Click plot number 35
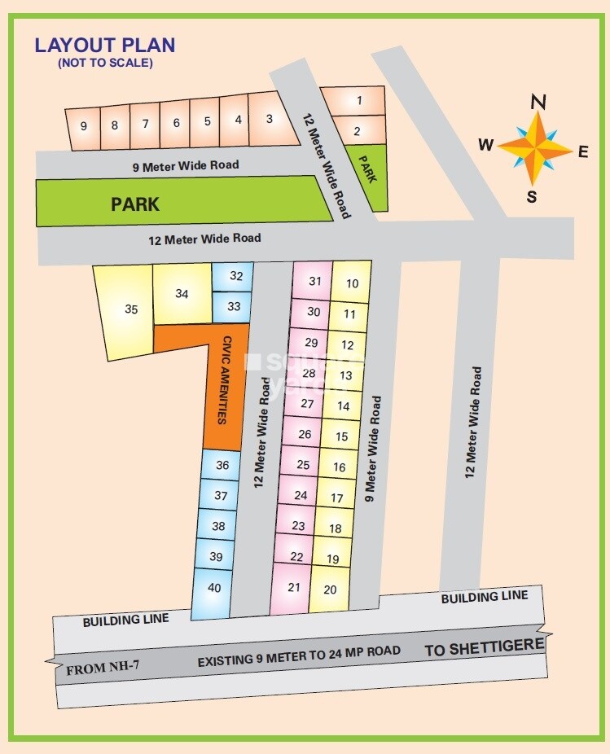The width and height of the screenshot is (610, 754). click(131, 309)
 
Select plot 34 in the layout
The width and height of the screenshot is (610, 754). click(182, 294)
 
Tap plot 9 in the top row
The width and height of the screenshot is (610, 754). click(83, 125)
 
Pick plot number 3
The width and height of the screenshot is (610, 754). click(270, 119)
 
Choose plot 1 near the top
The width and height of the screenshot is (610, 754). click(358, 101)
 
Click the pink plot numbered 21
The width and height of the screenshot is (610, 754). click(294, 587)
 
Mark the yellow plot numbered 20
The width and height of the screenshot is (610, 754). click(330, 590)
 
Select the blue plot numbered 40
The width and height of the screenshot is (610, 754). click(214, 588)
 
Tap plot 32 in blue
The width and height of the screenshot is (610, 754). click(236, 276)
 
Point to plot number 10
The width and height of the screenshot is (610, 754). click(352, 283)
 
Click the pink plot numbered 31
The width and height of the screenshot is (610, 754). click(315, 281)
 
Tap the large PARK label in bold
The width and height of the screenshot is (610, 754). click(135, 204)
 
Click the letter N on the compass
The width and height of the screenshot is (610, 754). click(538, 102)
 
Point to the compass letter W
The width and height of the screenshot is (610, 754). click(486, 145)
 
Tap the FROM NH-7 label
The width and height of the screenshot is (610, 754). click(103, 669)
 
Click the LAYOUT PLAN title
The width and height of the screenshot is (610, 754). click(105, 45)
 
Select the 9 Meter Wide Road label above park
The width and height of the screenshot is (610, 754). click(186, 165)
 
